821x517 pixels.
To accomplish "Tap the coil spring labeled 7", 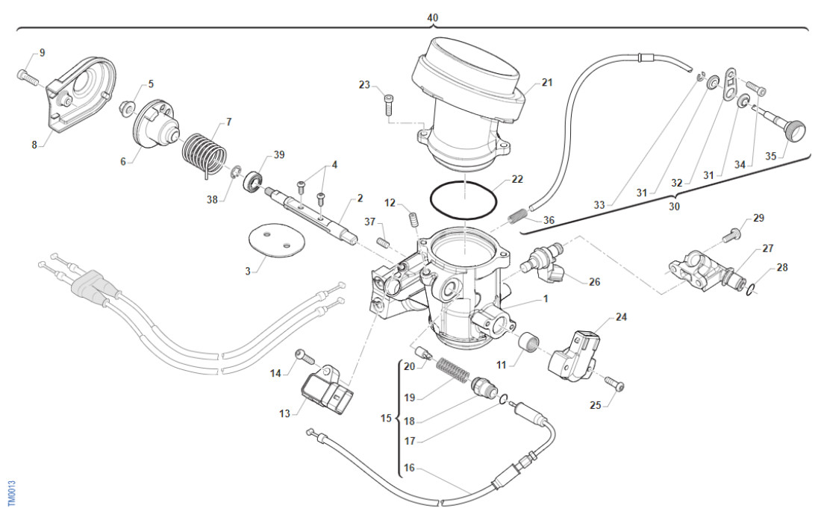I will tap(203, 154).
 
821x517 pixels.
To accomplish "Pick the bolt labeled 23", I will tap(388, 104).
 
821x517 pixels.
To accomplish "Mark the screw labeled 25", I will tap(617, 384).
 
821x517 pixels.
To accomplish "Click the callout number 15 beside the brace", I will tap(386, 418).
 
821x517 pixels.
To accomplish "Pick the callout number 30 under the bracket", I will tap(674, 207).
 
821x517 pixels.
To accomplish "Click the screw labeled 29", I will tap(731, 236).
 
